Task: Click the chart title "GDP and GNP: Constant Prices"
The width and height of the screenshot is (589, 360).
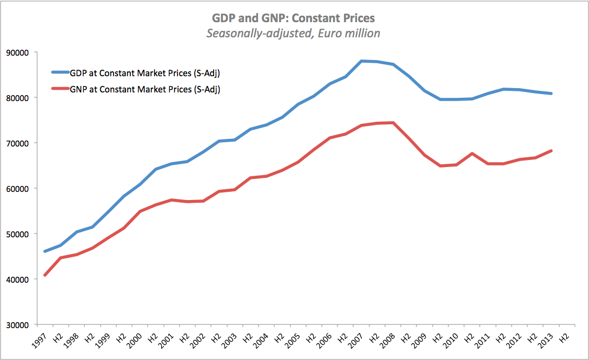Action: click(294, 18)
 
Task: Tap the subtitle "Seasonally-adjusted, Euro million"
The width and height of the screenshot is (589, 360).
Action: click(294, 34)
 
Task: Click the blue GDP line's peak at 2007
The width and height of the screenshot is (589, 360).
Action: click(361, 61)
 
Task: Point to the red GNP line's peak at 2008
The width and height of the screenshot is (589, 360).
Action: click(393, 123)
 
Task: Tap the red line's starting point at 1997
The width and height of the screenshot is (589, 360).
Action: click(45, 275)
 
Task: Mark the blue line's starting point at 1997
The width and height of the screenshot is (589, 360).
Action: click(45, 251)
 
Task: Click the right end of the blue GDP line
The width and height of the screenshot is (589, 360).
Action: click(551, 94)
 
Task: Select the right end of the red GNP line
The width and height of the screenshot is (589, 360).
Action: click(551, 151)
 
